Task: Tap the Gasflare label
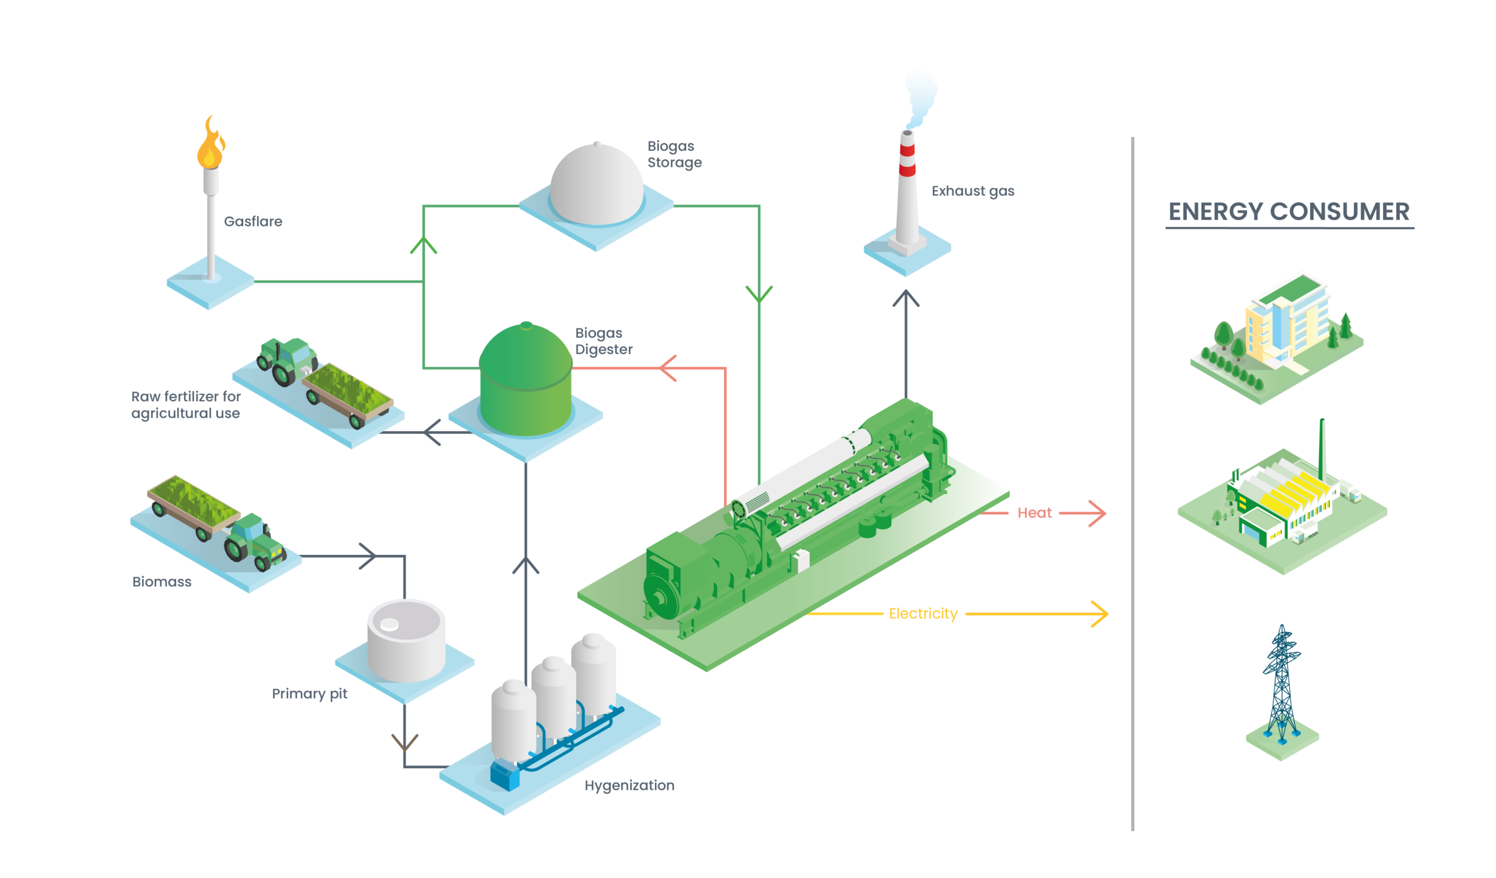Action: coord(253,222)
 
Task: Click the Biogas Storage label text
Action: coord(674,154)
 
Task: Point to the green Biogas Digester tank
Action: coord(525,380)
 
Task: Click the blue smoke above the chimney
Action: coord(920,95)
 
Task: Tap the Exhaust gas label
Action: coord(973,191)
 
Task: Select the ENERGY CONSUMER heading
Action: coord(1289,212)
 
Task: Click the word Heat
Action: coord(1034,513)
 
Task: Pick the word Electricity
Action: coord(923,614)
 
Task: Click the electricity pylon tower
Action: coord(1282,689)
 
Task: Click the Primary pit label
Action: coord(309,693)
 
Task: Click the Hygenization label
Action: coord(629,786)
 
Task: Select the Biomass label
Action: coord(162,582)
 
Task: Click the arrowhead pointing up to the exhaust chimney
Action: coord(906,297)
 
